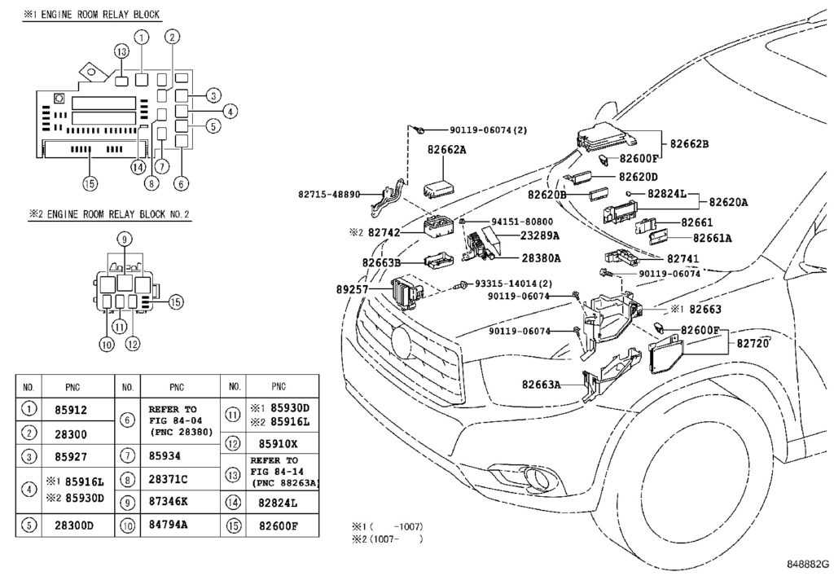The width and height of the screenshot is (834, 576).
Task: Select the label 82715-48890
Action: tap(340, 195)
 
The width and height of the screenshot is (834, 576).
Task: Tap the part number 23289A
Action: tap(540, 235)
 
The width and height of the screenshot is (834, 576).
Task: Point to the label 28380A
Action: tap(540, 257)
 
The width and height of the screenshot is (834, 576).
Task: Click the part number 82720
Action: tap(753, 344)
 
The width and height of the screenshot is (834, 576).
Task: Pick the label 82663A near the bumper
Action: tap(542, 384)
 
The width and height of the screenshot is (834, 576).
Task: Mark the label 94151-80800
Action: tap(521, 221)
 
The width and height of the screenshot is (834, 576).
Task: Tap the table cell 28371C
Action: tap(167, 479)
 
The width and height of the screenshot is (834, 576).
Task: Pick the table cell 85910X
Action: tap(278, 445)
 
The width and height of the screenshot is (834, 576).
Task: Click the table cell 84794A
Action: tap(167, 524)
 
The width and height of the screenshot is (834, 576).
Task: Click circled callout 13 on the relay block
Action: tap(121, 51)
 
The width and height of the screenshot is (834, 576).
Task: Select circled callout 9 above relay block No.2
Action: tap(124, 239)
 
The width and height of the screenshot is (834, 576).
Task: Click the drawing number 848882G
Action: tap(806, 564)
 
